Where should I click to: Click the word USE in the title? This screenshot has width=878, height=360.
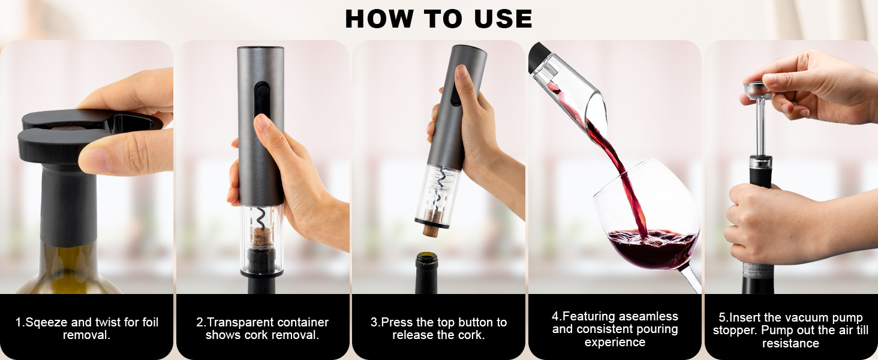click(x=503, y=19)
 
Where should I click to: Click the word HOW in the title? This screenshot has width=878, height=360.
click(x=379, y=19)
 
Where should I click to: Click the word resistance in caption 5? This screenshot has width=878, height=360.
click(x=790, y=344)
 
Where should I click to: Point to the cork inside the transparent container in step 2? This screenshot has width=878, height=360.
click(x=260, y=236)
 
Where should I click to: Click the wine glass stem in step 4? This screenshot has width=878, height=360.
click(x=691, y=278)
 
